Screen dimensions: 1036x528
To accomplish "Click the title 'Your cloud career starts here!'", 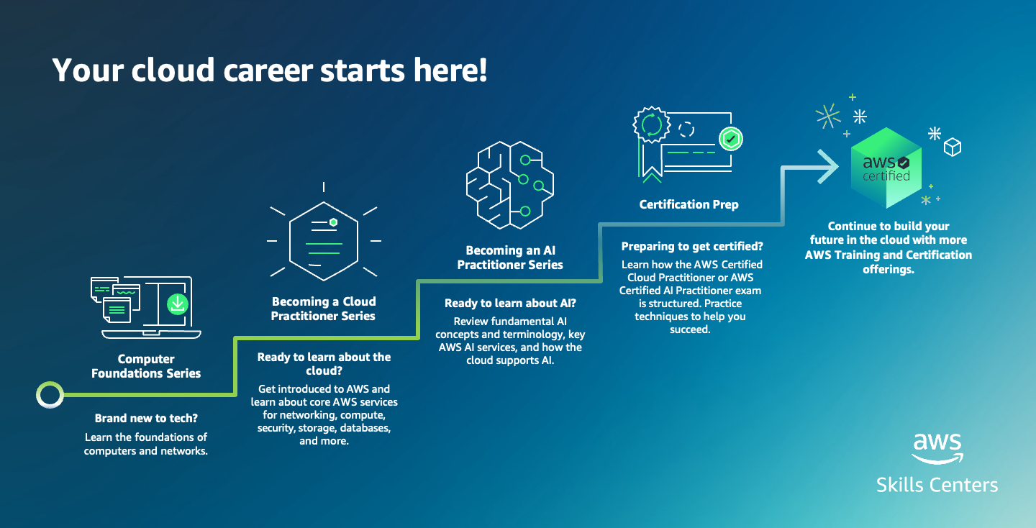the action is tap(270, 70).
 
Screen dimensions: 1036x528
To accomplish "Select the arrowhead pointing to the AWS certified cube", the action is tap(828, 166).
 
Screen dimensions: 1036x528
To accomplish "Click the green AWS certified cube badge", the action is tap(886, 168).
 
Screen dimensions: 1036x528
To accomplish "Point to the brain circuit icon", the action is tap(510, 185).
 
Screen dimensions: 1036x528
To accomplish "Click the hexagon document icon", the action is tap(324, 241).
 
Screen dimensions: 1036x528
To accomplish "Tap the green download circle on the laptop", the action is tap(177, 304).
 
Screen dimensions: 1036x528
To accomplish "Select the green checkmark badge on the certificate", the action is tap(731, 139).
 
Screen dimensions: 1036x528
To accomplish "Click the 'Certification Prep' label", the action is tap(689, 204).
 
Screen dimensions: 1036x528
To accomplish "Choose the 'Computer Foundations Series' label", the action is tap(146, 365).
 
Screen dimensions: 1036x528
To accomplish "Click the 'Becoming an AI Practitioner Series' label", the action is tap(510, 257).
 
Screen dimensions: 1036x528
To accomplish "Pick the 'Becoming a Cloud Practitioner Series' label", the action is tap(323, 309).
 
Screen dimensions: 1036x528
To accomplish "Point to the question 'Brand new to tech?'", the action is tap(146, 418).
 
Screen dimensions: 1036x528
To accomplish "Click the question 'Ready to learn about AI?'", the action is tap(510, 303).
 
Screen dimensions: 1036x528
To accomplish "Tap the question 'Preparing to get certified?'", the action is tap(692, 246).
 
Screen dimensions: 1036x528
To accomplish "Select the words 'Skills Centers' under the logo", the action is tap(937, 485).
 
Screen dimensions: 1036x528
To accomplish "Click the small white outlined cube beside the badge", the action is tap(953, 147).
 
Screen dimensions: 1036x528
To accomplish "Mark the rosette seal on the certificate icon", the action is tap(652, 124).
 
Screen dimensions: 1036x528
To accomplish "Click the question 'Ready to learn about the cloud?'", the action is tap(324, 363).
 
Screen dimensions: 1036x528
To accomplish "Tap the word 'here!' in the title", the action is tap(450, 70).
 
